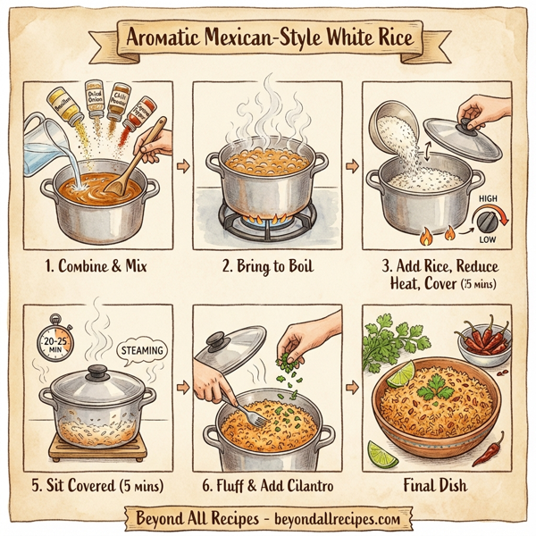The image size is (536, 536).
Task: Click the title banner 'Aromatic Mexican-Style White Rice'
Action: point(267,40)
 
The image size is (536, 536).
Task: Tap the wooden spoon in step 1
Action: point(134,161)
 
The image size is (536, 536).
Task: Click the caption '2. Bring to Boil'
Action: point(267,265)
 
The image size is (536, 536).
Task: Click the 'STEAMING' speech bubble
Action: point(140,350)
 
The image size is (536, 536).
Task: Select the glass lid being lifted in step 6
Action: point(230,349)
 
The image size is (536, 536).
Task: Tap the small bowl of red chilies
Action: point(482,343)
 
